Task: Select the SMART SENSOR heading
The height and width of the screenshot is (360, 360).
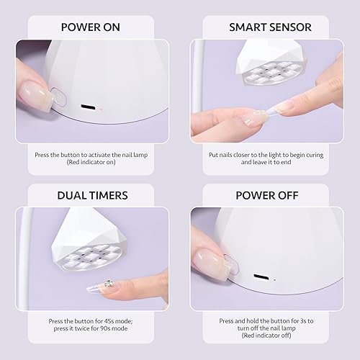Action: coord(270,27)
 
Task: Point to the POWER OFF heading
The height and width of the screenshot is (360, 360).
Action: coord(270,195)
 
